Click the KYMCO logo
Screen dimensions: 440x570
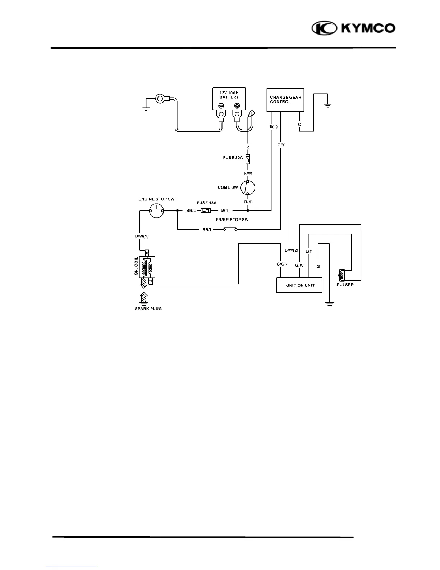click(353, 28)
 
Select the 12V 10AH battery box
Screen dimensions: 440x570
click(229, 99)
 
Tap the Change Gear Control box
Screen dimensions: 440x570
click(285, 100)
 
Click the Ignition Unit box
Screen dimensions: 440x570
click(299, 285)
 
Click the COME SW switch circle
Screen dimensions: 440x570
click(248, 187)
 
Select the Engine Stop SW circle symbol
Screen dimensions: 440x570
click(157, 210)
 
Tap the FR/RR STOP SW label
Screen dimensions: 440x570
click(234, 220)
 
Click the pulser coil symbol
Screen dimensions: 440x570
click(341, 275)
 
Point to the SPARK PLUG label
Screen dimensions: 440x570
click(148, 309)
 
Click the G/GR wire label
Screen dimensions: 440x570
click(282, 264)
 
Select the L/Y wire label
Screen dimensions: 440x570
click(309, 251)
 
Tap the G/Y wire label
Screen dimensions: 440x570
click(281, 145)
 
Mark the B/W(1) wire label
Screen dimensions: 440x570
click(142, 236)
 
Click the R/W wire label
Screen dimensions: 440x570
click(248, 173)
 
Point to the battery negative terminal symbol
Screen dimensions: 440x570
click(221, 106)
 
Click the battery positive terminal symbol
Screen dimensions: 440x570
click(237, 106)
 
